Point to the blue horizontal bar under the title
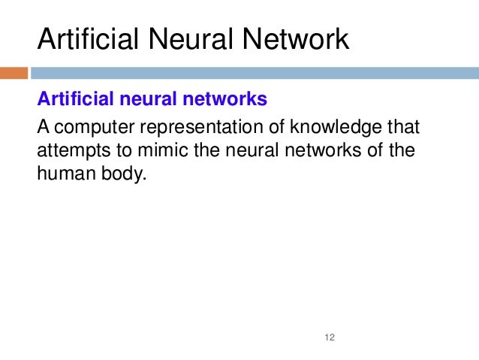pos(255,74)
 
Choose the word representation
pos(188,126)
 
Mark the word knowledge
pos(324,126)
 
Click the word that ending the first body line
pos(403,126)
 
